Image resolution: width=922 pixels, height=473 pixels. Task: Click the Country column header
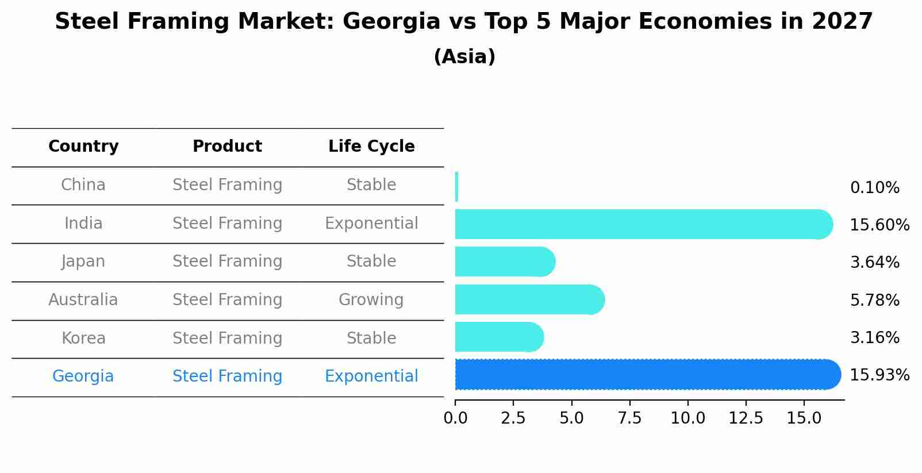click(83, 147)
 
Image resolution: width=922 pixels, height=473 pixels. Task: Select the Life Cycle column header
click(371, 147)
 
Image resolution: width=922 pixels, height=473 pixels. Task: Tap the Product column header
click(227, 147)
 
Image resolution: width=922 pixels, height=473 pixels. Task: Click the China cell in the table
click(83, 185)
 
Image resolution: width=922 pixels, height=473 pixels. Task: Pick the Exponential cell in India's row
click(371, 224)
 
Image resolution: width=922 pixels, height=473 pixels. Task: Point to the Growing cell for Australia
click(371, 300)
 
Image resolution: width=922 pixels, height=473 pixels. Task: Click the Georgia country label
click(83, 376)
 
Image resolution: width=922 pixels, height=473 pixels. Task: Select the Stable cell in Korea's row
click(371, 339)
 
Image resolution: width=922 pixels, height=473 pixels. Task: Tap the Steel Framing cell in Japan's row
click(227, 262)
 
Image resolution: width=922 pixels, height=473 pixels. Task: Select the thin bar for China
click(456, 187)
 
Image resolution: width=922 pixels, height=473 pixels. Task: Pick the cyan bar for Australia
click(529, 299)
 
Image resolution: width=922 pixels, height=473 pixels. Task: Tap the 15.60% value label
click(879, 225)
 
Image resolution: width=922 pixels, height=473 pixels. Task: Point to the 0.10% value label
click(874, 188)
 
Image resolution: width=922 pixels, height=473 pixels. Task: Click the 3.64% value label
click(874, 263)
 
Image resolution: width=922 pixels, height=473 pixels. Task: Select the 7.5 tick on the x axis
click(629, 418)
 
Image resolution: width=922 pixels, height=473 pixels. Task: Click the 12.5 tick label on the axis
click(746, 418)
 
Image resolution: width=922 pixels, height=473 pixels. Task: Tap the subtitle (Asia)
click(464, 57)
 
